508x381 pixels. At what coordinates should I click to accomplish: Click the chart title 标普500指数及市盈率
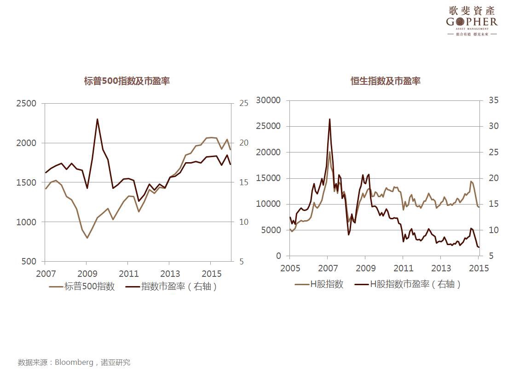pos(127,81)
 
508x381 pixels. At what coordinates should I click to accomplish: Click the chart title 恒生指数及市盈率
pos(385,81)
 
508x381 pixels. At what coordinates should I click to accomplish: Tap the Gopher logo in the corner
pos(472,21)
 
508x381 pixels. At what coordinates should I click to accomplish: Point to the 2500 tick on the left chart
pos(26,104)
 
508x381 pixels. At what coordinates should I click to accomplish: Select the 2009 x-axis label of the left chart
pos(87,273)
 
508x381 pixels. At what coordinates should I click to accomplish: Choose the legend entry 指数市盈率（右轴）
pos(179,287)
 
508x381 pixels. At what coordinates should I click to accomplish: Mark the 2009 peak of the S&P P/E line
pos(97,119)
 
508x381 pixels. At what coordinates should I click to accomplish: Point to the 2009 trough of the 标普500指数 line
pos(87,238)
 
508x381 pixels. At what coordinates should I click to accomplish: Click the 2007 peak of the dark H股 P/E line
pos(329,119)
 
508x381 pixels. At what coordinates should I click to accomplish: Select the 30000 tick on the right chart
pos(268,100)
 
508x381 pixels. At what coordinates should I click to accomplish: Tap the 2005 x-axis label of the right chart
pos(290,268)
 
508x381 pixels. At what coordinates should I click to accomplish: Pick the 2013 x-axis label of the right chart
pos(441,268)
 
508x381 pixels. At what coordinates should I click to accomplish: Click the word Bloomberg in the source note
pos(74,363)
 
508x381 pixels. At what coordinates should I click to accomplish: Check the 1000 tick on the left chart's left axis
pos(26,222)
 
